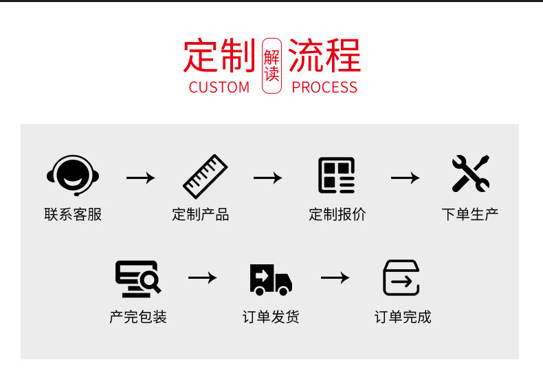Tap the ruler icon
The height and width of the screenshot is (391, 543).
[205, 176]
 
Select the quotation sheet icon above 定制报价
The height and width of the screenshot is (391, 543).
[337, 176]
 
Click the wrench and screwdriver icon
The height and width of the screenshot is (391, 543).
[470, 173]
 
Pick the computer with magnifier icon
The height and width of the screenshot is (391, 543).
[137, 279]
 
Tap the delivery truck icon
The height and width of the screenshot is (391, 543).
[270, 279]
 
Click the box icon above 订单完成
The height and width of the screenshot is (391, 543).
[401, 278]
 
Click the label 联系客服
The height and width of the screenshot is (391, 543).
[73, 214]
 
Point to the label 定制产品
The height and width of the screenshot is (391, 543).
[200, 214]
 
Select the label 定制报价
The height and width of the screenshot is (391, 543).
[337, 214]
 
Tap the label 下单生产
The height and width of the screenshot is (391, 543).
[469, 214]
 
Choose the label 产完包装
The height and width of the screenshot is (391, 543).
[138, 317]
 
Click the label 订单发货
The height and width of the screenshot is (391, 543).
[271, 317]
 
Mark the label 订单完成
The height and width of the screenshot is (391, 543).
[403, 317]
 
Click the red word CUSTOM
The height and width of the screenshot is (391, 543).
[219, 87]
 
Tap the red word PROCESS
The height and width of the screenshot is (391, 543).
[324, 87]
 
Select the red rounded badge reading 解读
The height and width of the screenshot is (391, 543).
[271, 66]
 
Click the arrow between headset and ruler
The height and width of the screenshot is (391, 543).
[140, 178]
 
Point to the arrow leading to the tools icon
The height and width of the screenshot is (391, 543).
[405, 178]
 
